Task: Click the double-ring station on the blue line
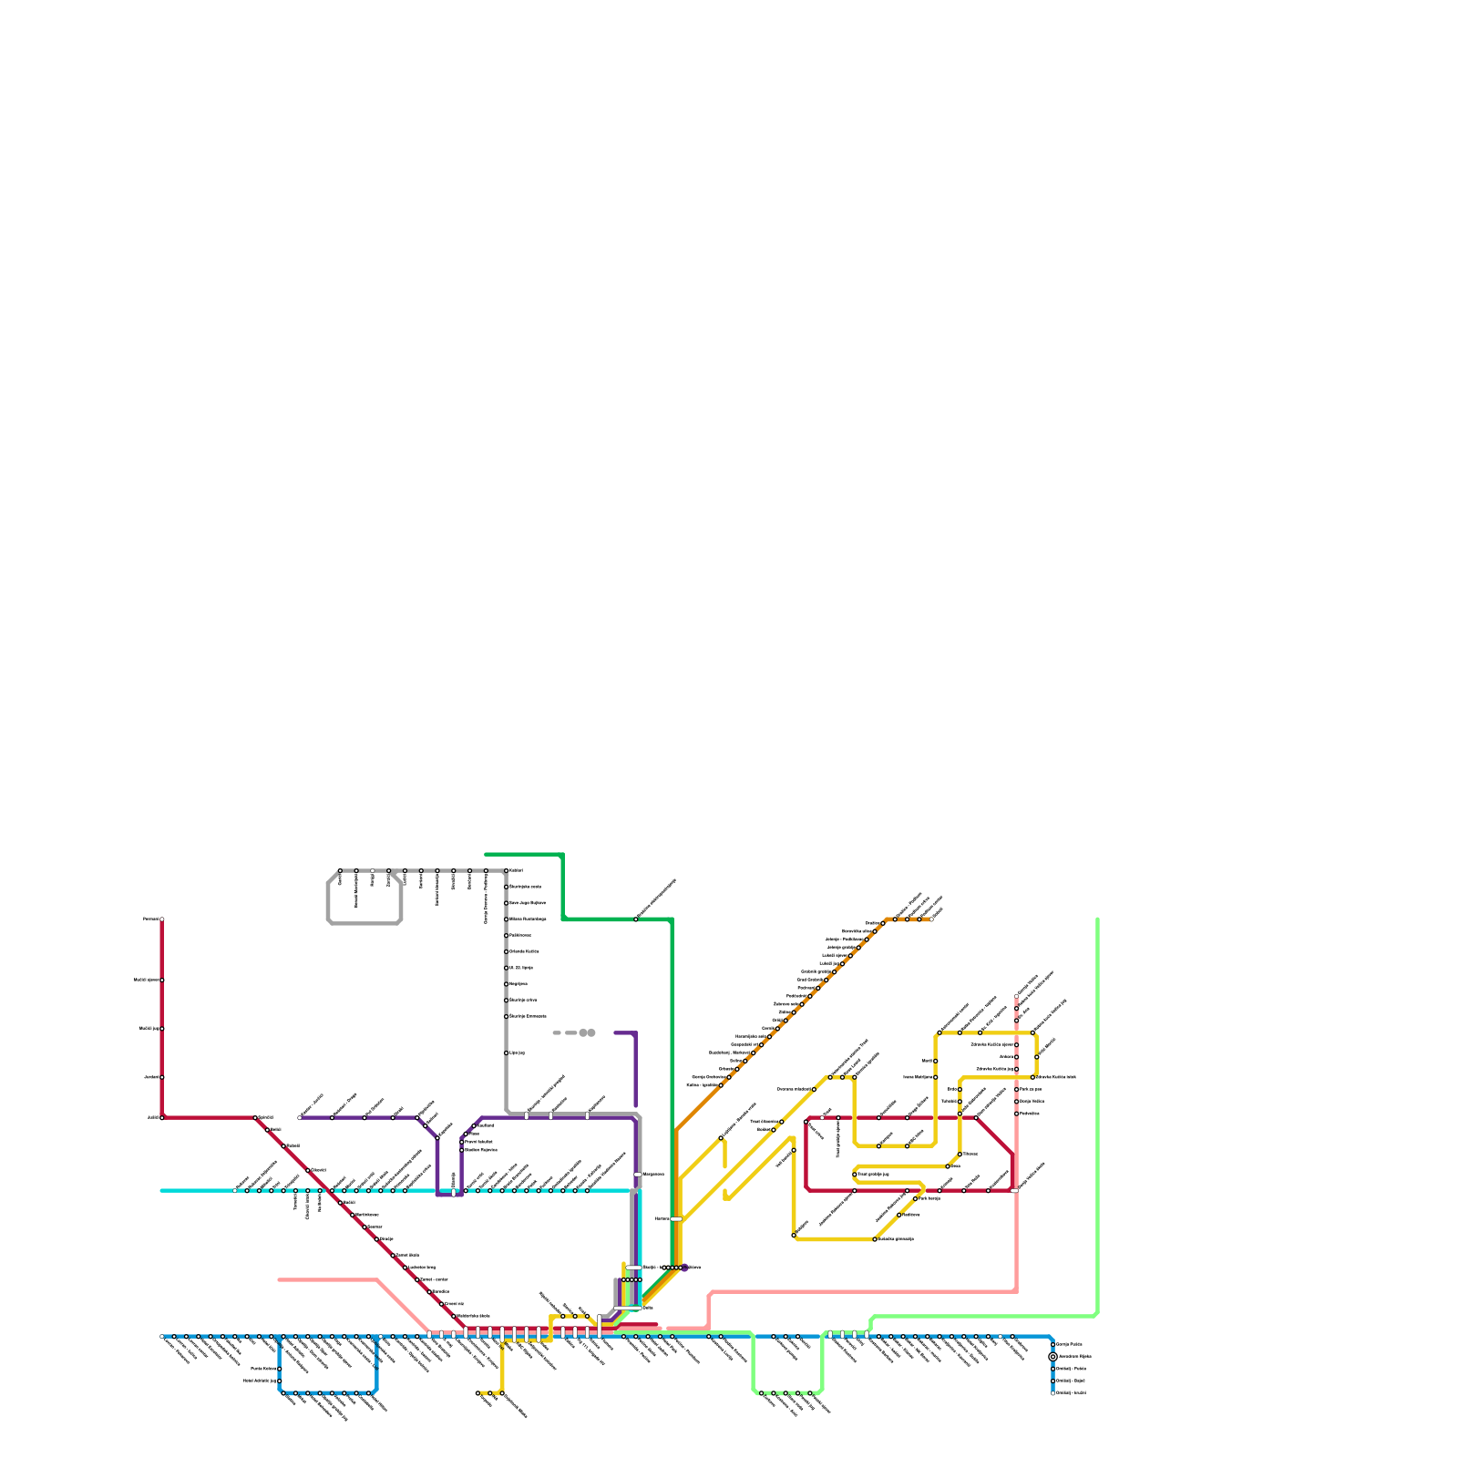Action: click(1052, 1357)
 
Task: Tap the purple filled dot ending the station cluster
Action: click(685, 1268)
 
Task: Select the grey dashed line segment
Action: click(565, 1032)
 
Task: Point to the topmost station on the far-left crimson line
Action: click(162, 919)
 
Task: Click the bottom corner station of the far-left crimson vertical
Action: click(162, 1117)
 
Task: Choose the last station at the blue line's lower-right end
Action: click(1052, 1392)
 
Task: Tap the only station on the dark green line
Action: click(636, 919)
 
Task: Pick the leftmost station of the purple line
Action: click(300, 1117)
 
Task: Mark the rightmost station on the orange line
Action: click(930, 919)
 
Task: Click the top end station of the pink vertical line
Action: click(1017, 996)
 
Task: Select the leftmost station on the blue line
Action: click(162, 1337)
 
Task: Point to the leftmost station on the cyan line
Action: click(235, 1190)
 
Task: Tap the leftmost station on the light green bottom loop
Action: click(762, 1392)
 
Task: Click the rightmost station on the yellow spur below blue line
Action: click(502, 1393)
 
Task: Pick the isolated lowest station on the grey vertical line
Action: click(507, 1052)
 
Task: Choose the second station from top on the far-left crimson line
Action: click(162, 981)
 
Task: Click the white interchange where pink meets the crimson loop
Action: click(1014, 1190)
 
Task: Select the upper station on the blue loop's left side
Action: click(280, 1369)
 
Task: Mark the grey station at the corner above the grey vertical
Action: click(507, 871)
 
